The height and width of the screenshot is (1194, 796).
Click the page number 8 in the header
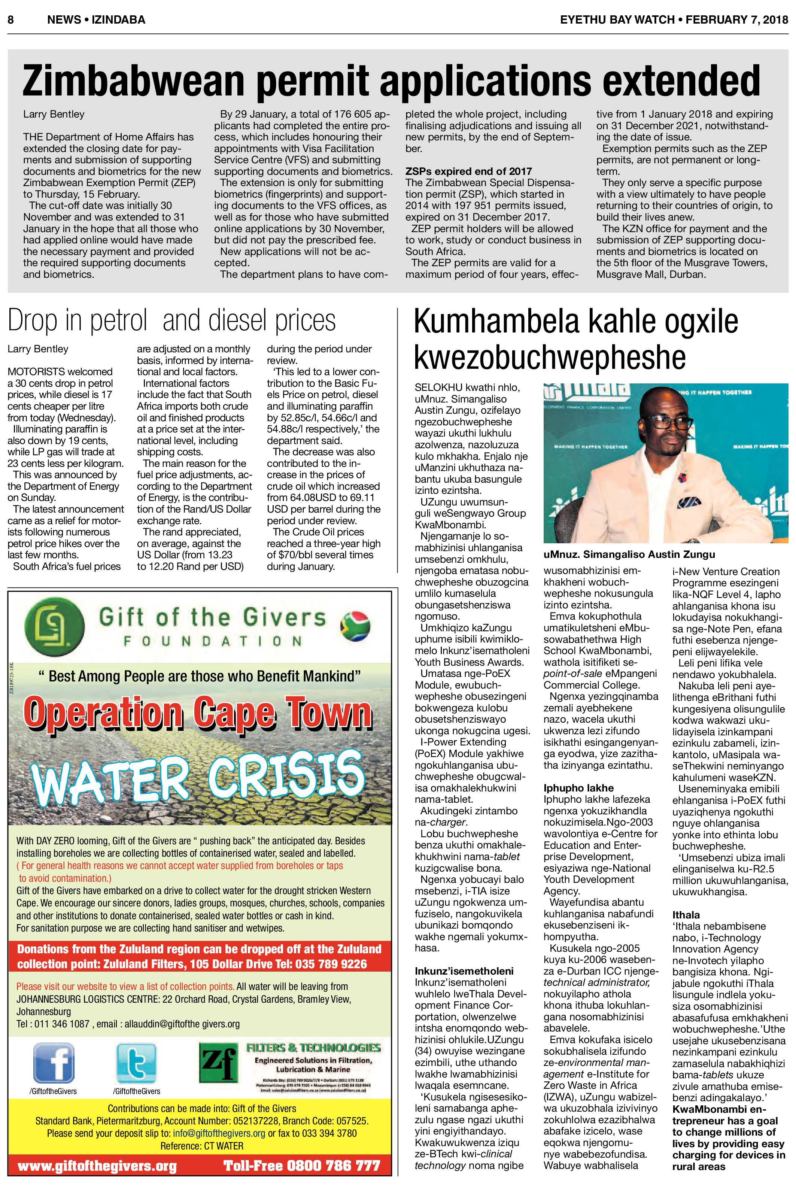[x=10, y=20]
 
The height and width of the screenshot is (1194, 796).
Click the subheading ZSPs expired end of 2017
[x=468, y=171]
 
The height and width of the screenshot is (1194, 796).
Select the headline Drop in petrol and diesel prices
[x=171, y=321]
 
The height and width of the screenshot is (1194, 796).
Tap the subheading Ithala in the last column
[x=686, y=915]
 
